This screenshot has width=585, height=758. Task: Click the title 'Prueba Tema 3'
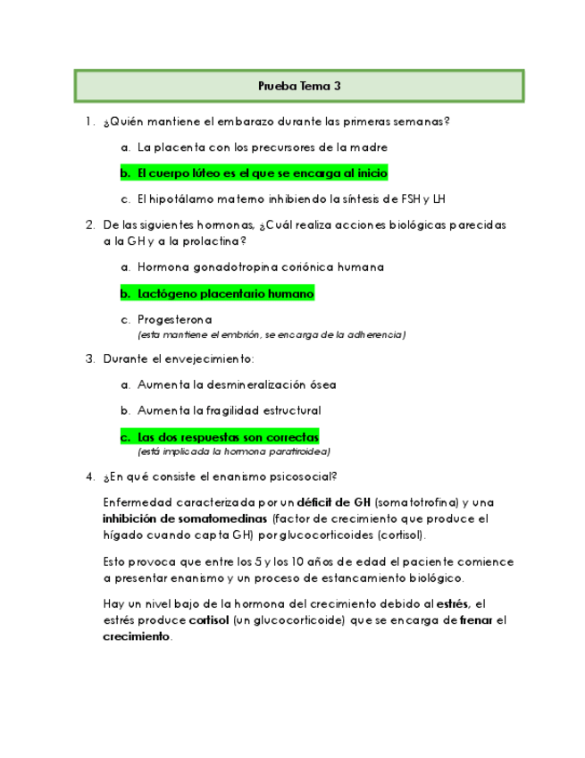298,87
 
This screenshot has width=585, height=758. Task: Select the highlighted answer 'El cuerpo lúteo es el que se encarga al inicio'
262,173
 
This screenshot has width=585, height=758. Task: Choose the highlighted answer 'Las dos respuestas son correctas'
228,437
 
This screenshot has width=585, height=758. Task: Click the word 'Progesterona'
175,319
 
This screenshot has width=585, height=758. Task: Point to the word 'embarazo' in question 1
222,122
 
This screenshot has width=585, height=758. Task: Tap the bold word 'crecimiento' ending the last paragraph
136,636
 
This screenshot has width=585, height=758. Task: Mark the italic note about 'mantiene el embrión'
272,334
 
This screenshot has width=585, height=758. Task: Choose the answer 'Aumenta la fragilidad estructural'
229,410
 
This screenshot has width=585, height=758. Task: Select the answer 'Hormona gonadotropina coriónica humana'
261,267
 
